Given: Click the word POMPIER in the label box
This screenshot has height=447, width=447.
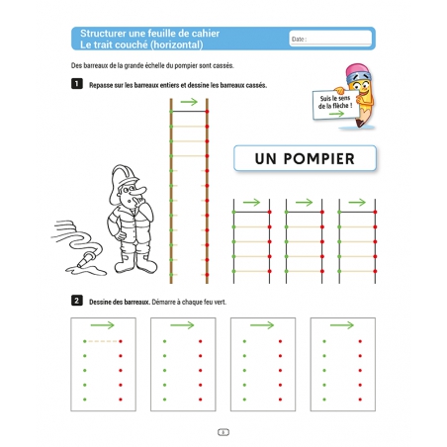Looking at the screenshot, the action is click(318, 158).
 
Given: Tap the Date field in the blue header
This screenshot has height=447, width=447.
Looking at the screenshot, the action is click(330, 39).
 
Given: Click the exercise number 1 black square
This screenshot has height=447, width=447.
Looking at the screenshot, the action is click(77, 84).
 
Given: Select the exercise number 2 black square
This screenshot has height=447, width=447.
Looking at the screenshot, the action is click(77, 301).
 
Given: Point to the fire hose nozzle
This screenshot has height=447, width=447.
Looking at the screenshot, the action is click(86, 259).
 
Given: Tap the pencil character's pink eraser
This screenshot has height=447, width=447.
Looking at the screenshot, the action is click(358, 71).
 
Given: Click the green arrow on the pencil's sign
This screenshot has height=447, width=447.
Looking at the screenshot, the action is click(336, 114).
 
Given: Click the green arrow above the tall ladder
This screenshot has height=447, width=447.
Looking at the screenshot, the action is click(189, 102).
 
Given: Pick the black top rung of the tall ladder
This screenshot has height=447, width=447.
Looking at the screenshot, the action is click(189, 112).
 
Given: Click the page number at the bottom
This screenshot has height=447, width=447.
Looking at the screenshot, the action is click(223, 432).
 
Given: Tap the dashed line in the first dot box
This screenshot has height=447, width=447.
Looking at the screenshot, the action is click(103, 341).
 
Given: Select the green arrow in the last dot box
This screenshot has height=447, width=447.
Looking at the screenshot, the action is click(342, 325).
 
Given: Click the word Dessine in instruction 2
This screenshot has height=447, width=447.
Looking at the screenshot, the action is click(101, 302).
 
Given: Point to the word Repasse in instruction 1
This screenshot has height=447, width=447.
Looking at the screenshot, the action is click(101, 85).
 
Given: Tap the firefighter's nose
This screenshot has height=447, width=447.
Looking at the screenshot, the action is click(140, 190).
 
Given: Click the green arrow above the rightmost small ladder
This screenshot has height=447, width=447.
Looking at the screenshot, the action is click(357, 203).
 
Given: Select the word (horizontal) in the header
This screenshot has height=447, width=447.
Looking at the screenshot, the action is click(176, 45).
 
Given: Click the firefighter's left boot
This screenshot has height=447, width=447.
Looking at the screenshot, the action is click(145, 263).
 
